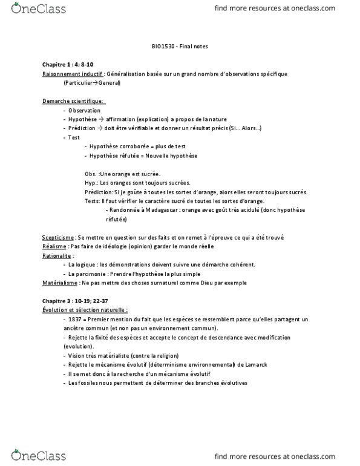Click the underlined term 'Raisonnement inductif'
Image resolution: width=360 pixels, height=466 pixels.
pos(72,73)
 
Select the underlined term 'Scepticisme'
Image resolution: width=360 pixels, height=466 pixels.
pos(59,237)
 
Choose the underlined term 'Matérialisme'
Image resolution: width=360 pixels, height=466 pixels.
pos(61,283)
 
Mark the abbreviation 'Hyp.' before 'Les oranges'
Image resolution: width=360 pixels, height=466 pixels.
pos(91,183)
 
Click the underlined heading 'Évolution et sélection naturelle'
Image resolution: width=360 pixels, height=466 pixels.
pos(84,310)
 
